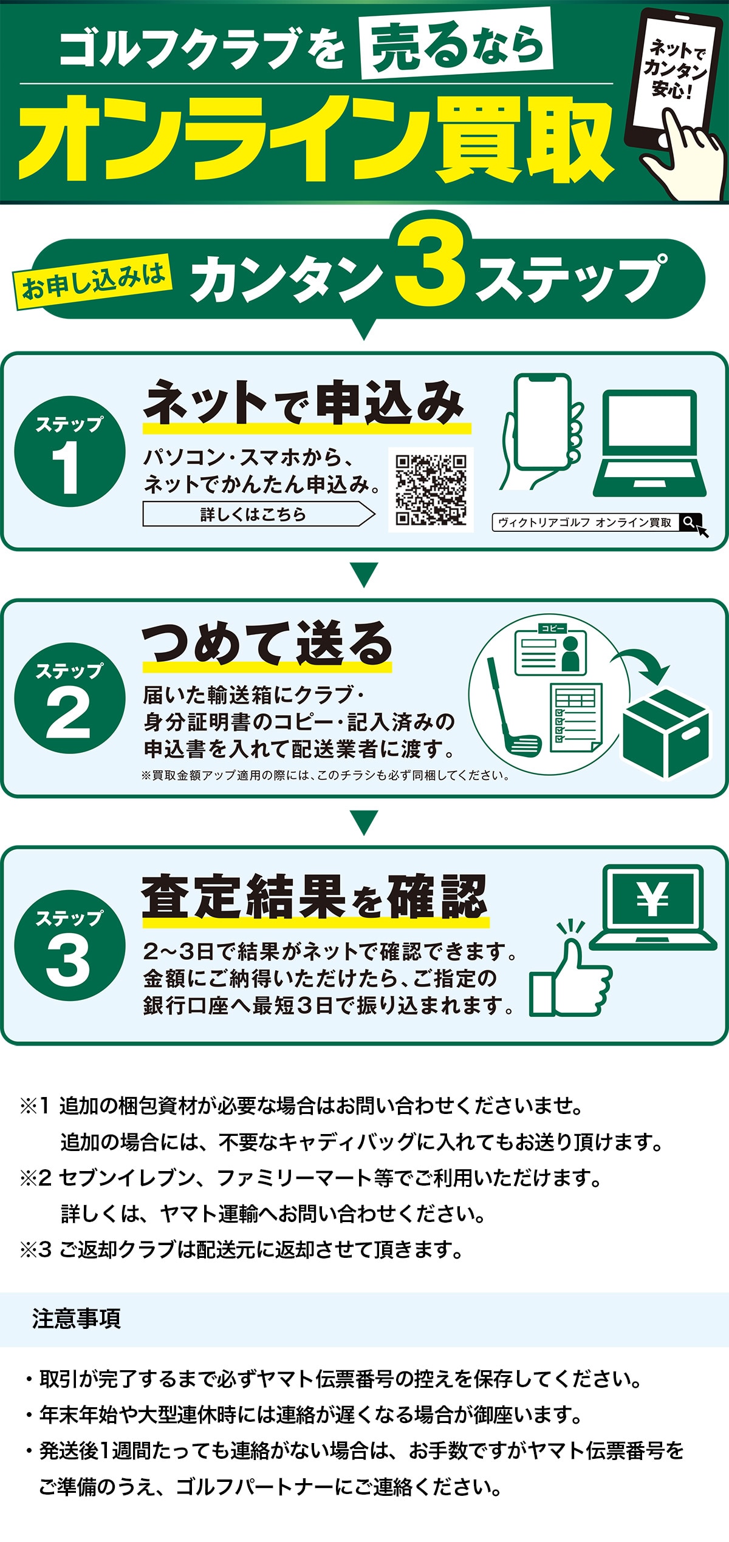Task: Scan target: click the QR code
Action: [431, 489]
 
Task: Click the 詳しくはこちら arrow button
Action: [258, 514]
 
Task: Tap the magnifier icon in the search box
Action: [688, 522]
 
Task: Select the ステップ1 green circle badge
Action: [69, 452]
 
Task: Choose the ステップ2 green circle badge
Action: [69, 698]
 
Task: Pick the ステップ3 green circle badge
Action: [69, 945]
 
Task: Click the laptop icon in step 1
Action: [649, 443]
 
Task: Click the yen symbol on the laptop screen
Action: [653, 899]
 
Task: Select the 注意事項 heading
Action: [77, 1319]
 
